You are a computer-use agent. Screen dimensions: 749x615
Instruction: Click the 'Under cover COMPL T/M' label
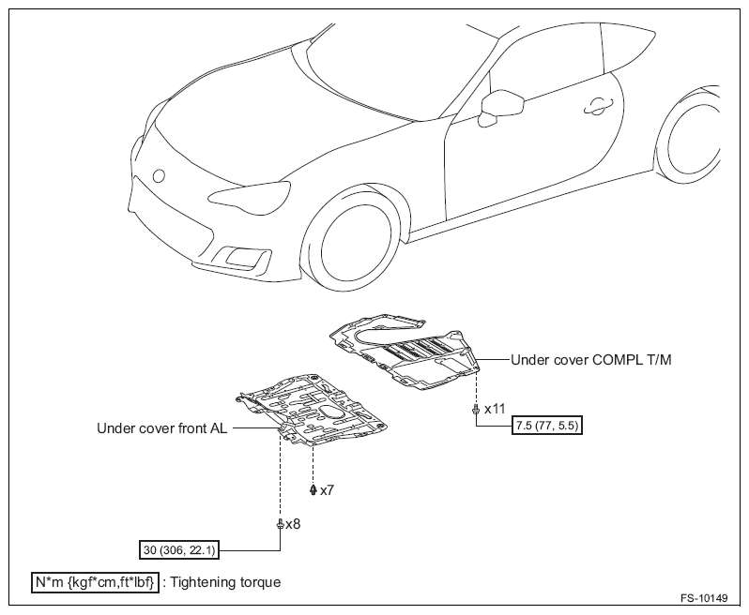click(591, 360)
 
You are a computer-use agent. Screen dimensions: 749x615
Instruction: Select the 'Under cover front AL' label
click(162, 428)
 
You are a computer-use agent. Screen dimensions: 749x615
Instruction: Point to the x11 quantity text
click(495, 409)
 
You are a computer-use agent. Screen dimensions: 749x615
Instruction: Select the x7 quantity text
click(327, 490)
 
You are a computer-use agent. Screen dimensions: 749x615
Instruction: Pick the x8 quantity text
click(293, 524)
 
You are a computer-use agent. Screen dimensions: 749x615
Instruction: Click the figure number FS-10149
click(704, 598)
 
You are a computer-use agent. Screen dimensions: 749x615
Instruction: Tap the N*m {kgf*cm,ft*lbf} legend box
click(95, 582)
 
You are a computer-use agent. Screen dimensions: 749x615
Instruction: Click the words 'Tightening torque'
click(225, 582)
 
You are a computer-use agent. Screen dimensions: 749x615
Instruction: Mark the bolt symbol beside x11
click(476, 410)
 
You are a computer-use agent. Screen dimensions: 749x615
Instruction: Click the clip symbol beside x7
click(313, 490)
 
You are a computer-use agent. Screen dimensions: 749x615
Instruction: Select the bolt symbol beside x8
click(280, 525)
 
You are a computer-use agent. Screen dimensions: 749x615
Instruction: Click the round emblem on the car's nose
click(158, 176)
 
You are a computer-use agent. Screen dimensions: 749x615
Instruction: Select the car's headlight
click(250, 196)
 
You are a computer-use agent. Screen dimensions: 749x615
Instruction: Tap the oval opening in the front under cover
click(333, 412)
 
